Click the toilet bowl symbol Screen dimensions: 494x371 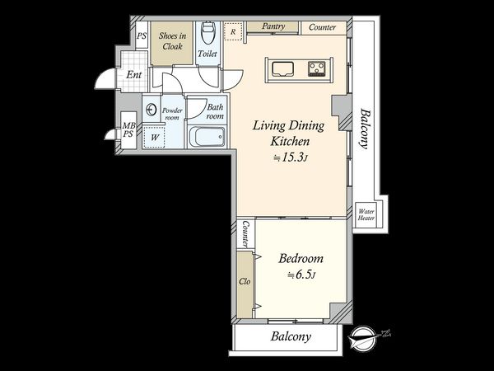(207, 33)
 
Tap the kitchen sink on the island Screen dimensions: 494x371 (283, 68)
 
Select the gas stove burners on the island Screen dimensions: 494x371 (317, 68)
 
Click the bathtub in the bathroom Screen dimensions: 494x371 (207, 137)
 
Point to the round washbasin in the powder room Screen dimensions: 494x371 (151, 110)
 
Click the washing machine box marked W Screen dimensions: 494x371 (155, 137)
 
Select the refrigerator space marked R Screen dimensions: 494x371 (233, 31)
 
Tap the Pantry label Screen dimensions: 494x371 (273, 26)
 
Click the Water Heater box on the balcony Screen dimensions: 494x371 (366, 215)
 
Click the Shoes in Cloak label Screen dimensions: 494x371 (172, 41)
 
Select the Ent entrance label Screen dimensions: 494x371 (134, 75)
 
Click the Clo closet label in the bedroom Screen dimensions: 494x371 (245, 281)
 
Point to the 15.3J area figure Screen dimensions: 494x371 (290, 157)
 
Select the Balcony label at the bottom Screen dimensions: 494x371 (291, 336)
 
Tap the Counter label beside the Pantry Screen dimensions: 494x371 (322, 27)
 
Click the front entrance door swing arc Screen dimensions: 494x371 (100, 81)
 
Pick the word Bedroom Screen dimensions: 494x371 (301, 259)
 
